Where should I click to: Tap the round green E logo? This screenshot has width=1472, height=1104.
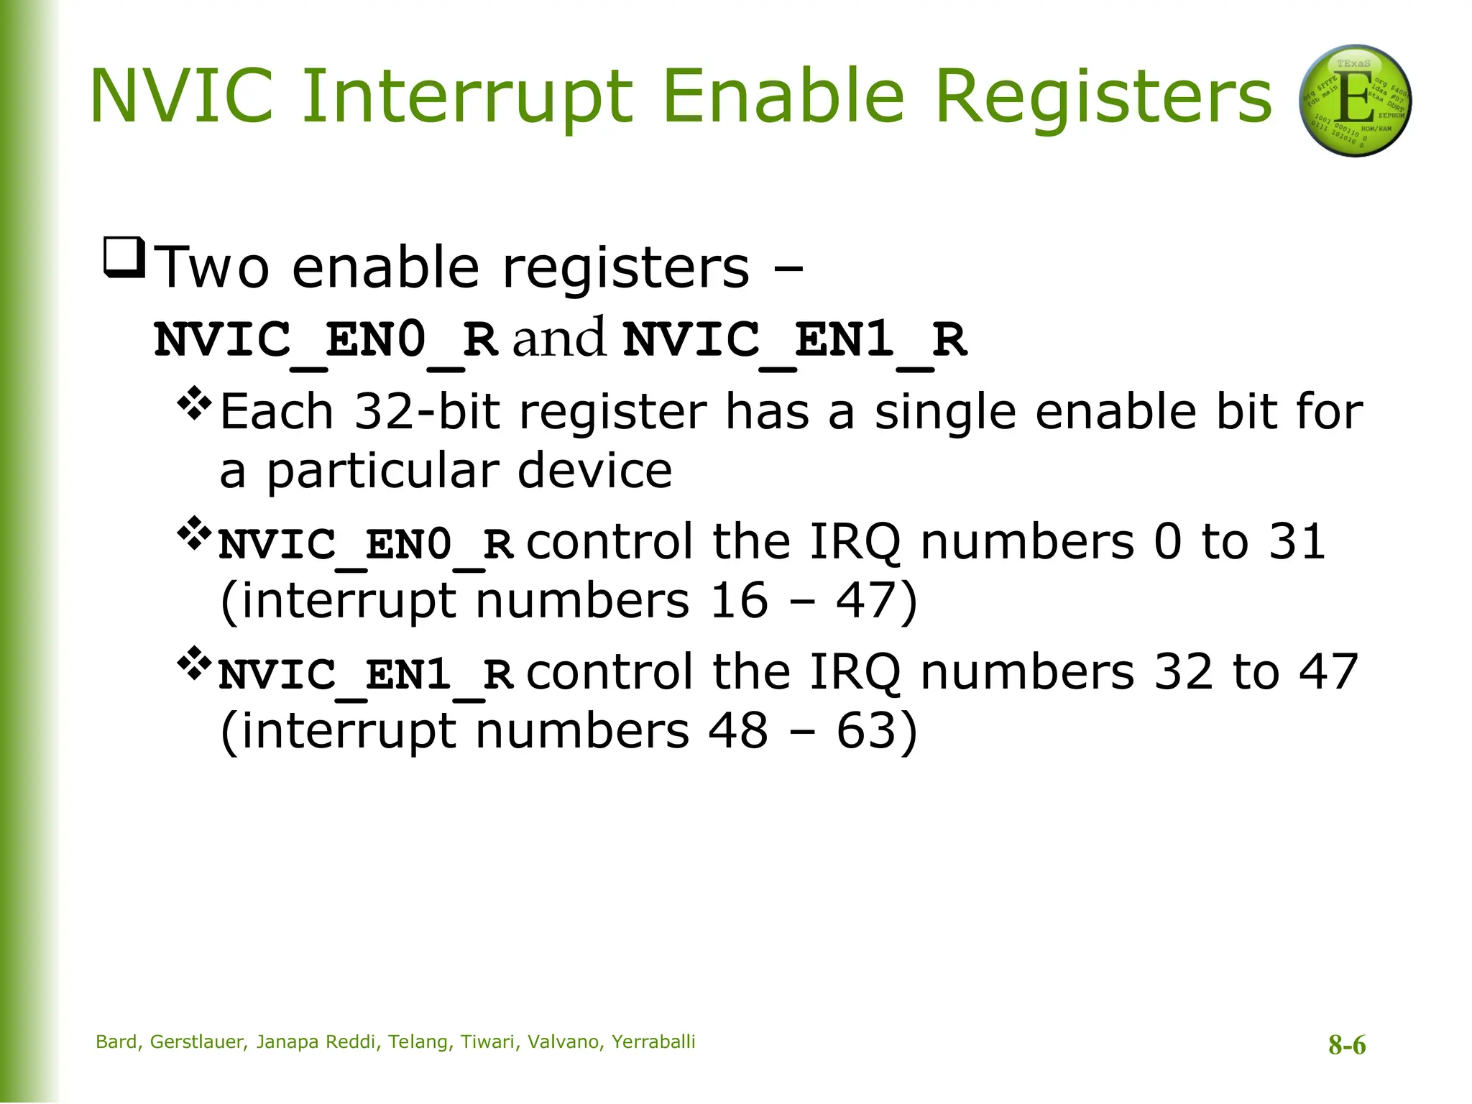tap(1355, 101)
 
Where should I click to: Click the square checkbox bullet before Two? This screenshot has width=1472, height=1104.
tap(124, 257)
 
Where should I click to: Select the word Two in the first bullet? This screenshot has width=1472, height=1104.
tap(212, 267)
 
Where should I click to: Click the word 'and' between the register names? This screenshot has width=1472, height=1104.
tap(558, 338)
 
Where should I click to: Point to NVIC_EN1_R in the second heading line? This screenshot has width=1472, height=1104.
tap(795, 339)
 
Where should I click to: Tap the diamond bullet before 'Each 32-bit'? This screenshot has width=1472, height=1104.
tap(194, 404)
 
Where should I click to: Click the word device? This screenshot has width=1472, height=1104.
tap(594, 471)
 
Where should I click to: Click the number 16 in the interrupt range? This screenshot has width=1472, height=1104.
tap(739, 600)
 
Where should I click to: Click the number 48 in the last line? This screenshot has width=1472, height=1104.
tap(738, 731)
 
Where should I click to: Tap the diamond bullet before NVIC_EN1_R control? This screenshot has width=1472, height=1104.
tap(194, 664)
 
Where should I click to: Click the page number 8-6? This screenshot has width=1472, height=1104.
tap(1346, 1045)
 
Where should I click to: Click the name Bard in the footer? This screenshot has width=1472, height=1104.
tap(117, 1042)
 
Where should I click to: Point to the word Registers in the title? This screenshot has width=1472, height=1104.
tap(1103, 96)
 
